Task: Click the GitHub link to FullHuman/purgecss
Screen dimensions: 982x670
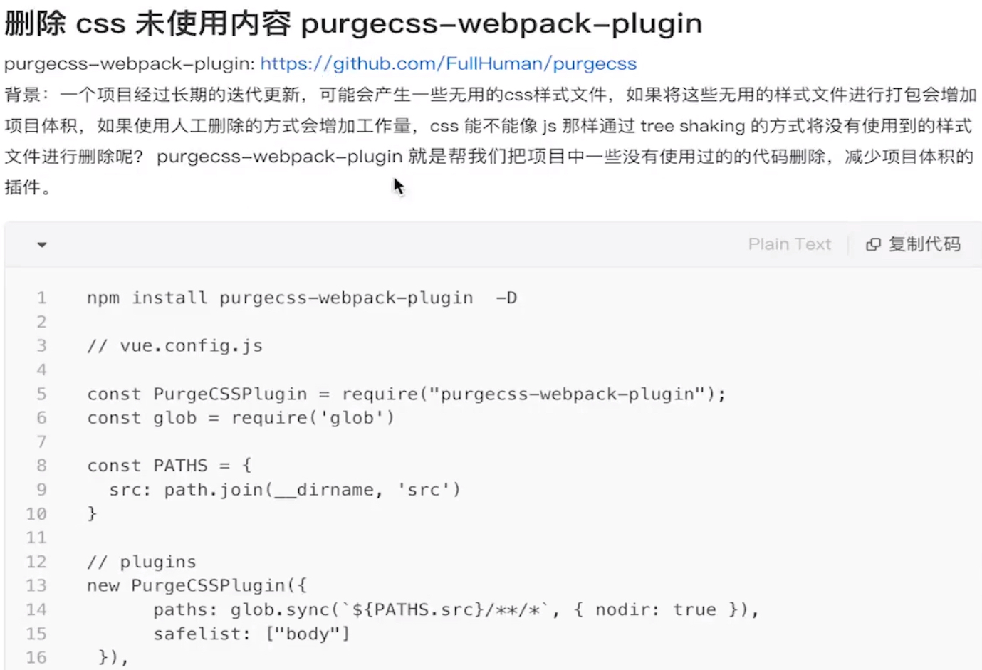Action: (x=448, y=64)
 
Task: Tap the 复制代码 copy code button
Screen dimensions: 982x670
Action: (x=914, y=244)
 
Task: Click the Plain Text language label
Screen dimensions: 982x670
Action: (x=789, y=244)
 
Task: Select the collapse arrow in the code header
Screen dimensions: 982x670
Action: (x=42, y=245)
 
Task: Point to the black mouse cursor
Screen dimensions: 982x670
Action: (x=398, y=187)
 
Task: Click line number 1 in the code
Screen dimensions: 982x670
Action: (x=41, y=298)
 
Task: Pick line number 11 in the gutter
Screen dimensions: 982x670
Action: (x=36, y=538)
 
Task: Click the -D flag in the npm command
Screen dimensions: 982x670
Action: (x=506, y=298)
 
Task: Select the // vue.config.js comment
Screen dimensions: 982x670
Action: (x=174, y=346)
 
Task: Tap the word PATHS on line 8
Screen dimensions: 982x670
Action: (x=180, y=466)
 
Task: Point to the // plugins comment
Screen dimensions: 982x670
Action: (x=141, y=562)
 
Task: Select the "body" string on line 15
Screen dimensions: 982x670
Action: (x=307, y=634)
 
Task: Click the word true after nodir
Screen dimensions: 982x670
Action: (x=694, y=609)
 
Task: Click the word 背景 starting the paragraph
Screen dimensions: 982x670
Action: (x=22, y=95)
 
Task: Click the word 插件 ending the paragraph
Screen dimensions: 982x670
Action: (x=22, y=187)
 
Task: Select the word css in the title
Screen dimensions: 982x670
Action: (x=100, y=24)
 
